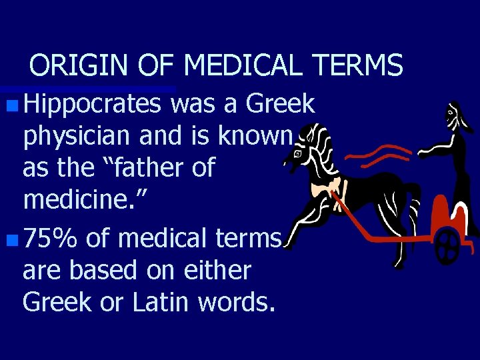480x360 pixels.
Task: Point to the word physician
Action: [78, 136]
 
